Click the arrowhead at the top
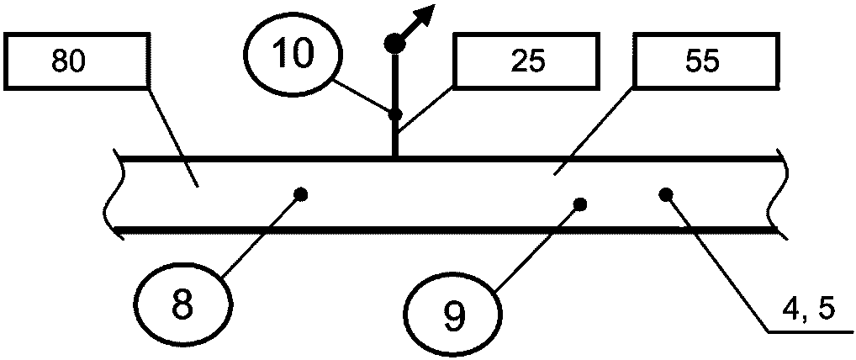[x=425, y=14]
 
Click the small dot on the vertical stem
[x=395, y=115]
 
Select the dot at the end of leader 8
[x=300, y=193]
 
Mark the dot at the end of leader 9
[x=580, y=204]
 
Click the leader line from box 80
[x=172, y=136]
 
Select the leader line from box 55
[x=594, y=130]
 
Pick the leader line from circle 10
[x=363, y=98]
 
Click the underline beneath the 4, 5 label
[x=811, y=331]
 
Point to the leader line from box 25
[x=425, y=109]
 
